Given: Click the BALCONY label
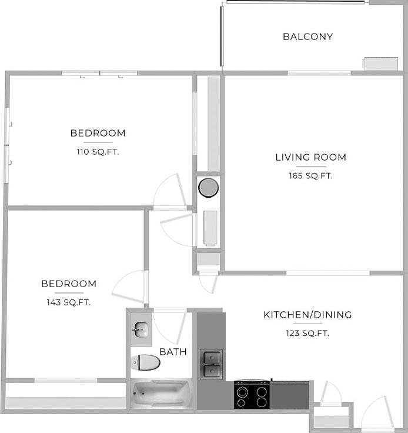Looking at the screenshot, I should pyautogui.click(x=307, y=36).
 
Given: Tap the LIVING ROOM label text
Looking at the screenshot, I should pyautogui.click(x=310, y=157).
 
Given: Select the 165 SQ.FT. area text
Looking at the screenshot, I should pyautogui.click(x=311, y=175).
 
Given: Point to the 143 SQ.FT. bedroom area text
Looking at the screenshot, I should pyautogui.click(x=69, y=302).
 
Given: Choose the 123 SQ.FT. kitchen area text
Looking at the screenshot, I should pyautogui.click(x=307, y=333).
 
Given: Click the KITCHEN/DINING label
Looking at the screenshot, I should pyautogui.click(x=307, y=315).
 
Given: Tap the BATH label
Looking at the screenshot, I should pyautogui.click(x=173, y=352).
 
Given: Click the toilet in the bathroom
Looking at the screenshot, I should pyautogui.click(x=145, y=362).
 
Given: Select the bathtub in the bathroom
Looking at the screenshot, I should pyautogui.click(x=160, y=393).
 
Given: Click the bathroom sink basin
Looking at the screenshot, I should pyautogui.click(x=141, y=330).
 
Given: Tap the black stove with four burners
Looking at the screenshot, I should pyautogui.click(x=252, y=395).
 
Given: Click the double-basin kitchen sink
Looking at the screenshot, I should pyautogui.click(x=211, y=364).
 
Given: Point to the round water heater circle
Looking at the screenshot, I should pyautogui.click(x=208, y=188).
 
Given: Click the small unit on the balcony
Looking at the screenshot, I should pyautogui.click(x=380, y=64).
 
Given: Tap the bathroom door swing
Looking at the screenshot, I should pyautogui.click(x=170, y=327).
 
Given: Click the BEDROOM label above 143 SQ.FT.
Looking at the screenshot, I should pyautogui.click(x=69, y=284).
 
